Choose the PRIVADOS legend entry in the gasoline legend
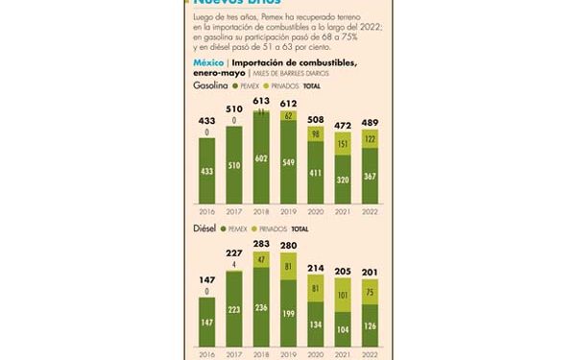tap(273, 86)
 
